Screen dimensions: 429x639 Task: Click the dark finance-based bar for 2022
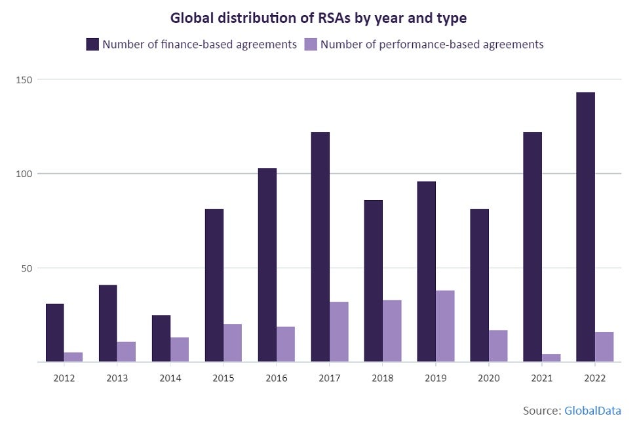tap(585, 227)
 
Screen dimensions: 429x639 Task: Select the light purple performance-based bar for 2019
tap(445, 326)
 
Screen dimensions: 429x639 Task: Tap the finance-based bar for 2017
tap(320, 247)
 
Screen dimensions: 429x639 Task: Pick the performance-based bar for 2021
tap(551, 358)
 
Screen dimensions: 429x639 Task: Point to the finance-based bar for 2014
tap(161, 338)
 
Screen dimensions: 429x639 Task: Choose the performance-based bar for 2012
tap(73, 357)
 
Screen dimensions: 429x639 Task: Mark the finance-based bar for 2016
tap(267, 265)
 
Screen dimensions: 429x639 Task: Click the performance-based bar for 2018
tap(392, 331)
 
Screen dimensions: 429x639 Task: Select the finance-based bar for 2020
tap(479, 285)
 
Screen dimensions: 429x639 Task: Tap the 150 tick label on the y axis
tap(25, 79)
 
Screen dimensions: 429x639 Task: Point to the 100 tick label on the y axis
tap(25, 174)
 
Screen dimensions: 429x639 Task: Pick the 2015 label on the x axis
tap(223, 378)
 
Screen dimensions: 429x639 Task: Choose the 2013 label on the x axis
tap(117, 378)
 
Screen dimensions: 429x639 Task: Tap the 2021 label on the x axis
tap(541, 378)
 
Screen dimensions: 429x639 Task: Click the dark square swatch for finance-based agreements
tap(92, 45)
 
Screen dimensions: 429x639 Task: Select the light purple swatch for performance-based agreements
tap(311, 45)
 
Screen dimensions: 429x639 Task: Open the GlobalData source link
tap(592, 411)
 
